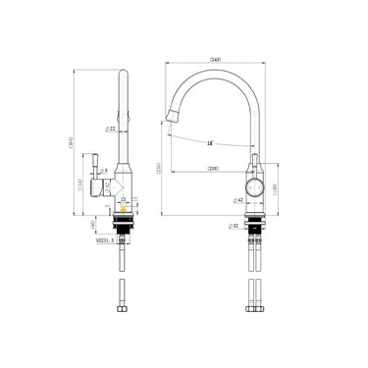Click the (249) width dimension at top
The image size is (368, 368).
[x=214, y=60]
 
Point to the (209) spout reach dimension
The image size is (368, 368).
[x=212, y=170]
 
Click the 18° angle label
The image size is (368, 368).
[x=211, y=144]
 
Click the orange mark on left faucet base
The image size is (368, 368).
[x=121, y=208]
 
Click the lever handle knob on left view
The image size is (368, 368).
[x=96, y=159]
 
